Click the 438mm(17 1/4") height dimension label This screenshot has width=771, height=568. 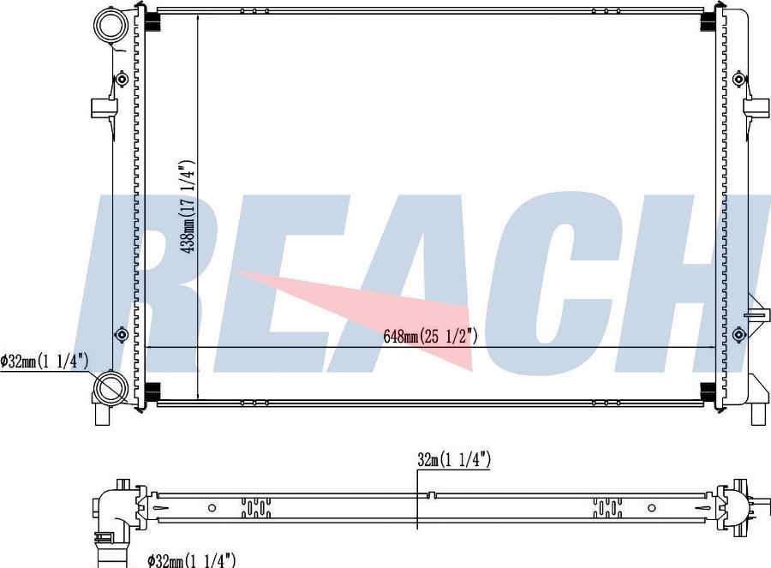coord(188,206)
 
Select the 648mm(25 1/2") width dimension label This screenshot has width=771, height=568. coord(430,337)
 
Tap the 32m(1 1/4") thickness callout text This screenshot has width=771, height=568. coord(454,460)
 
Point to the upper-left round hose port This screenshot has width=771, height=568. coord(111,26)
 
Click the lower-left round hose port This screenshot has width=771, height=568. coord(111,388)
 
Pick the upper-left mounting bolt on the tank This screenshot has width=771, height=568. coord(122,79)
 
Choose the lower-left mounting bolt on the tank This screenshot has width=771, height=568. coord(122,335)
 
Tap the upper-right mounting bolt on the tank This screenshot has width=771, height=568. coord(738,79)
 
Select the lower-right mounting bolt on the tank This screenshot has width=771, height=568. coord(738,335)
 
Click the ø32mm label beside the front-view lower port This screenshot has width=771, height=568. coord(45,362)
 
